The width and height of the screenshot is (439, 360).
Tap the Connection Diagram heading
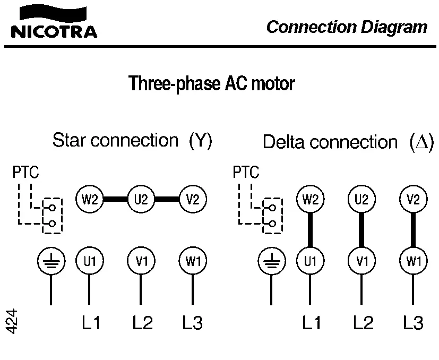(347, 27)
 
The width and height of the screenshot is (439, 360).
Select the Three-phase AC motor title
(212, 83)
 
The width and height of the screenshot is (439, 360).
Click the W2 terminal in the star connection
(89, 200)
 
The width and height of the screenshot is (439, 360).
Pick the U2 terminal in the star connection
(141, 200)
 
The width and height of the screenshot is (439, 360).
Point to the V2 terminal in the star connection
(193, 200)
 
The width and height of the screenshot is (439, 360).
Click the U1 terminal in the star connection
(89, 261)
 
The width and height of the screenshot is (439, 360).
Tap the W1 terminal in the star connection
(193, 261)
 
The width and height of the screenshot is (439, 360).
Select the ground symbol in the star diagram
(51, 261)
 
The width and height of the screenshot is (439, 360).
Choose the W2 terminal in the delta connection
(309, 200)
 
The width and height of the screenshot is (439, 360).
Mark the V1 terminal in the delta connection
(361, 261)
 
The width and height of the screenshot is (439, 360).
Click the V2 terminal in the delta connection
(414, 200)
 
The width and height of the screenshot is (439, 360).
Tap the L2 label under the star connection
(142, 322)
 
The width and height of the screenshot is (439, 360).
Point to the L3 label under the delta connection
(414, 322)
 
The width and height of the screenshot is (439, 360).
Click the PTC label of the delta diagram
(246, 173)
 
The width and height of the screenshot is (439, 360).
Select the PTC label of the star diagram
(25, 173)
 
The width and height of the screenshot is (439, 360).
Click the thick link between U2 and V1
(361, 230)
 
